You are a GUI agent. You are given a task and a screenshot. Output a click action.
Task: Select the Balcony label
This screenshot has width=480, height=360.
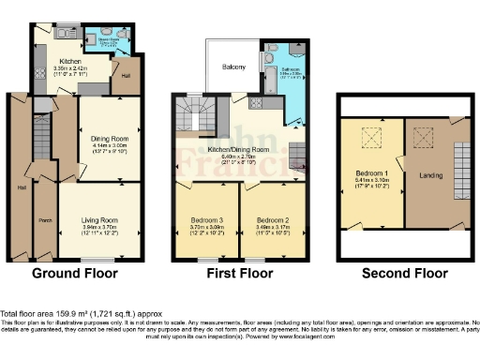(x=233, y=67)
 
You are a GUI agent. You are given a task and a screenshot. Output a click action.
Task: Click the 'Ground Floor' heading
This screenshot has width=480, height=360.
(x=75, y=275)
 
